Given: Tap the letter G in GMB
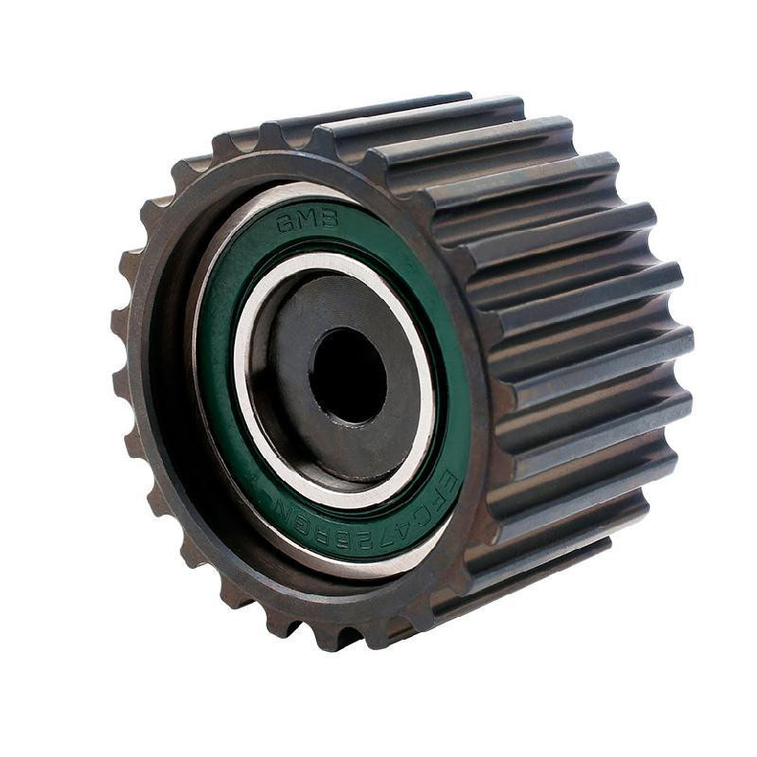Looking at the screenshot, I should click(x=284, y=224).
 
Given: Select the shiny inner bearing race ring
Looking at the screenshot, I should click(x=248, y=378).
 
